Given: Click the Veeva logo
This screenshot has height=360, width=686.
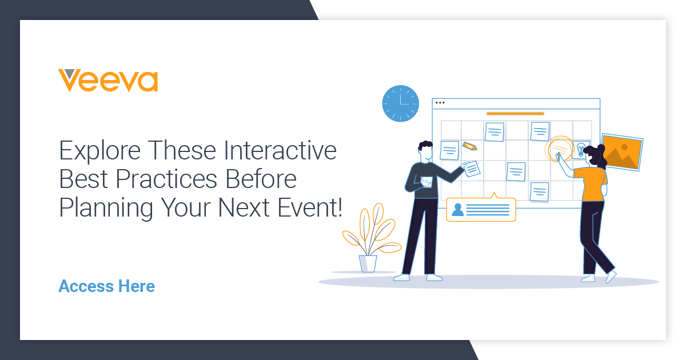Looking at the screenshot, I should [108, 81].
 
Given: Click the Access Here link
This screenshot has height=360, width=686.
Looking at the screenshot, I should [106, 286].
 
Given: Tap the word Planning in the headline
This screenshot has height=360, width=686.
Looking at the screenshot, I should [106, 208].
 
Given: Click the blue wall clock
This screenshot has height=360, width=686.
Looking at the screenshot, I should [400, 103].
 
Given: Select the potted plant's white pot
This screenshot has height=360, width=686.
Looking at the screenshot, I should [368, 263].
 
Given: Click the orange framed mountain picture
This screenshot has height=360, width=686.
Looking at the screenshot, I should [621, 151].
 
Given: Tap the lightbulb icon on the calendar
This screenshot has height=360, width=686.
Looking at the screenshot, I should [581, 149].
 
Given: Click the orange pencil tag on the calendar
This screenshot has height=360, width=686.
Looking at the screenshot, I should [470, 146].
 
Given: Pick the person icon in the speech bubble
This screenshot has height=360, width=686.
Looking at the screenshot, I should [457, 210].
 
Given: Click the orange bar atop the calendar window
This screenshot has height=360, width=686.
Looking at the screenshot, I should [514, 114].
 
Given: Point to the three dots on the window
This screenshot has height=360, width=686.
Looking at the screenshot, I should [440, 103].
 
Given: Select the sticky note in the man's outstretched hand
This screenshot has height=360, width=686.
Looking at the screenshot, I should [472, 168].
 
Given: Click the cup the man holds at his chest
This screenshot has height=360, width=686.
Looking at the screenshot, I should [426, 182].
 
